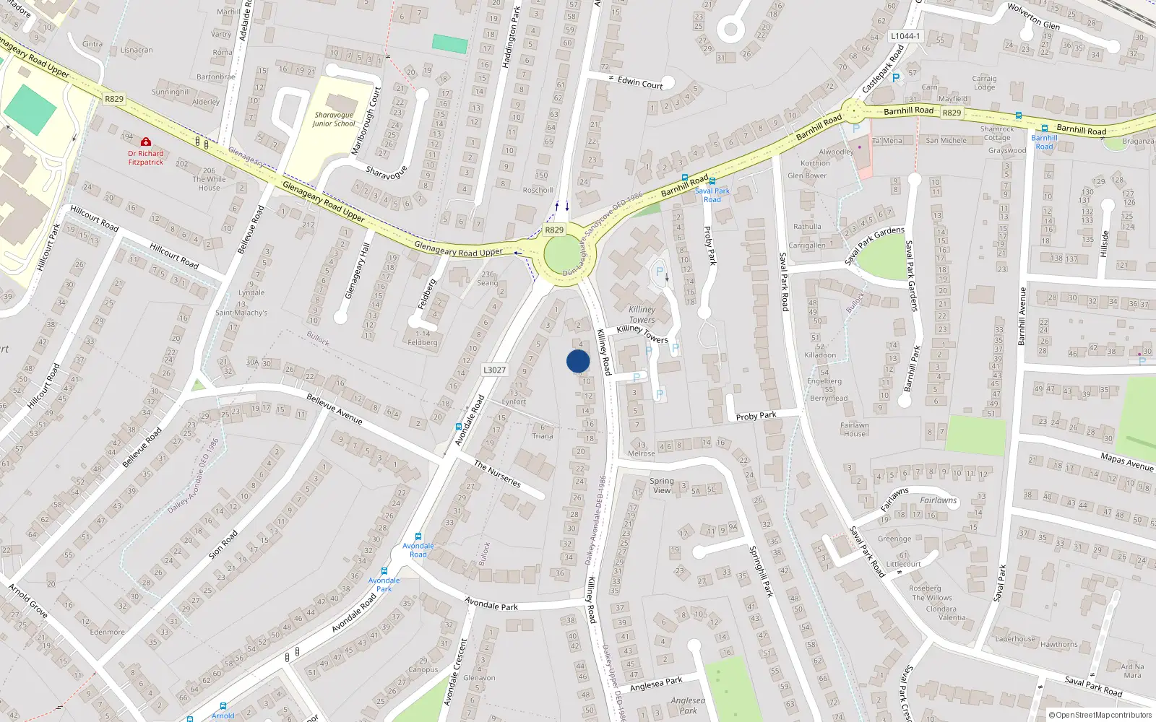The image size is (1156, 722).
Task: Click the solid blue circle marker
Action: coord(578,361)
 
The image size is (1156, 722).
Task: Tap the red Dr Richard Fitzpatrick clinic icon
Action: coord(146,142)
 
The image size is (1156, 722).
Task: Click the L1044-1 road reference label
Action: coord(905,36)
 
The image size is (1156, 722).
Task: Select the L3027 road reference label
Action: coord(494,370)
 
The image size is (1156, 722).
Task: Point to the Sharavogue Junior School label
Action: coord(334,119)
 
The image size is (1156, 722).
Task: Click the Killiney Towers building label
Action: coord(642,315)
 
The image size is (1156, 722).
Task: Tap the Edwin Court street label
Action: coord(639,83)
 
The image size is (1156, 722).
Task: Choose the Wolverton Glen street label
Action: coord(1033,17)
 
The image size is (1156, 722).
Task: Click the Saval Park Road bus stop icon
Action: coord(712,181)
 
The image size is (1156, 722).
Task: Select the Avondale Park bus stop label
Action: coord(384,584)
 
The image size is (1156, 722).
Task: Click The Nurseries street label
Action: coord(497,474)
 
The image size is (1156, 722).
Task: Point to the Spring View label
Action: coord(662,485)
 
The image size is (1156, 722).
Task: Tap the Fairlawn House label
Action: coord(854,430)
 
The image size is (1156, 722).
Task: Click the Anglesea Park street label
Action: coord(656,684)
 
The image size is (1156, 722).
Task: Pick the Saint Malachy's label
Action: coord(241,313)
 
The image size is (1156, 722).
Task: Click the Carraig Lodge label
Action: coord(984,83)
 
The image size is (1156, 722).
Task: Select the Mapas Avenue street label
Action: coord(1126,461)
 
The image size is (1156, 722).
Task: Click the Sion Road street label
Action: coord(223,544)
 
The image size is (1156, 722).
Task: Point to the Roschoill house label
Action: coord(538,191)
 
